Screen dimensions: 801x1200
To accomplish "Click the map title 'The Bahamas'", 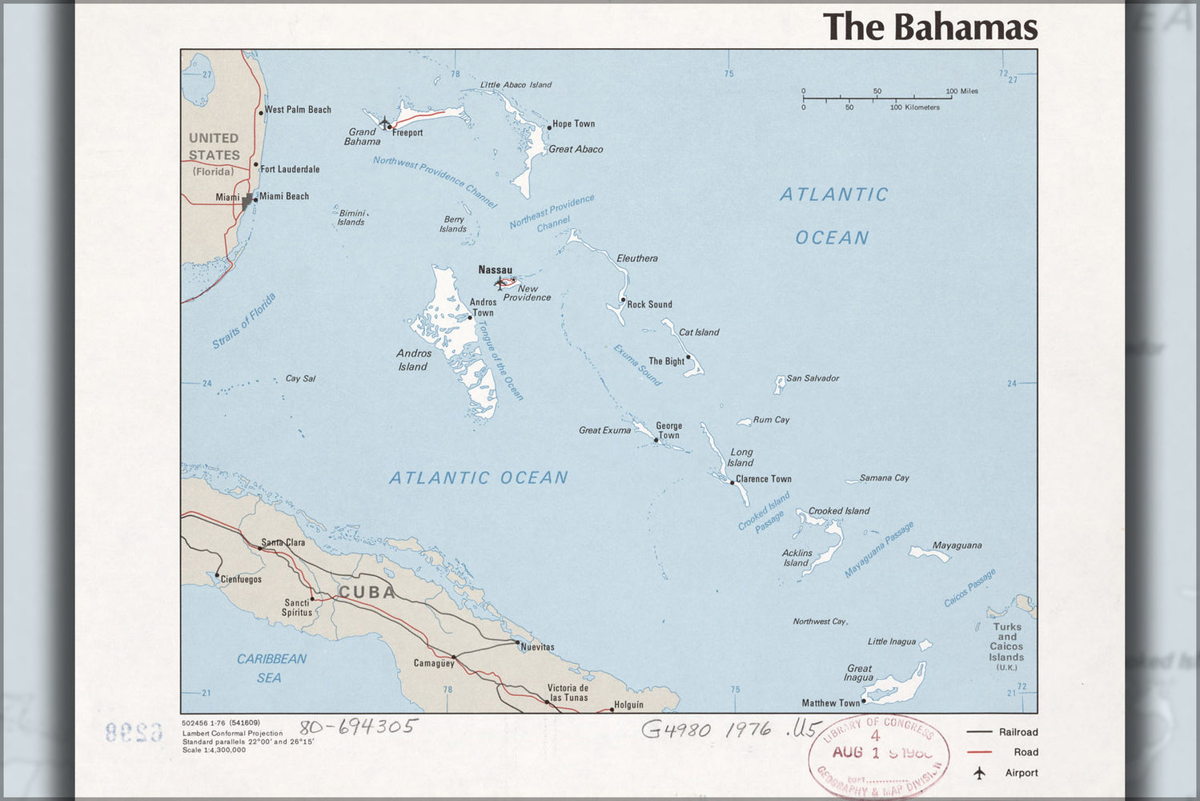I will pos(930,26).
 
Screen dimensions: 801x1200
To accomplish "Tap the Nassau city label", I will pos(495,270).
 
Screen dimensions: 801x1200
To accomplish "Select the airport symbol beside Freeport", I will pos(384,123).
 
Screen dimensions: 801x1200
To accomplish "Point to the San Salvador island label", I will pos(813,378).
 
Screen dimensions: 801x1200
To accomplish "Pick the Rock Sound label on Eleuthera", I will pos(649,304).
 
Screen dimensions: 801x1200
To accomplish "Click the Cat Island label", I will pos(699,332).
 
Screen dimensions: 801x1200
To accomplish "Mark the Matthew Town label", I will pos(830,703).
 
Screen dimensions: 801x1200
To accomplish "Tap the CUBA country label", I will pos(367,592).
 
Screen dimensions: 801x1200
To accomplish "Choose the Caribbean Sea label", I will pos(271,668).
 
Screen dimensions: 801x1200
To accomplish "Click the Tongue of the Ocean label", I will pos(501,360).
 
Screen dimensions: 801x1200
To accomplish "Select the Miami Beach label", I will pos(283,196).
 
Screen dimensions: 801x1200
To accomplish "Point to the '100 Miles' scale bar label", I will pos(961,91).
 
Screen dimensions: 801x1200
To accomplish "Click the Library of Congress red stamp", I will pos(878,755).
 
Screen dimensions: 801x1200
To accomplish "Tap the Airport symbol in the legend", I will pos(979,773).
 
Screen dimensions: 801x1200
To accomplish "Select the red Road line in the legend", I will pos(979,752).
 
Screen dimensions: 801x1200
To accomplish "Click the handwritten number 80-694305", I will pos(358,727).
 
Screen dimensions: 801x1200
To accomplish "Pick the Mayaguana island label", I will pos(957,545).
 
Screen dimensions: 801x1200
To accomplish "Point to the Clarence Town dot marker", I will pos(732,482).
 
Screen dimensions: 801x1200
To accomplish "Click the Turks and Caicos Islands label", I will pos(1006,642).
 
